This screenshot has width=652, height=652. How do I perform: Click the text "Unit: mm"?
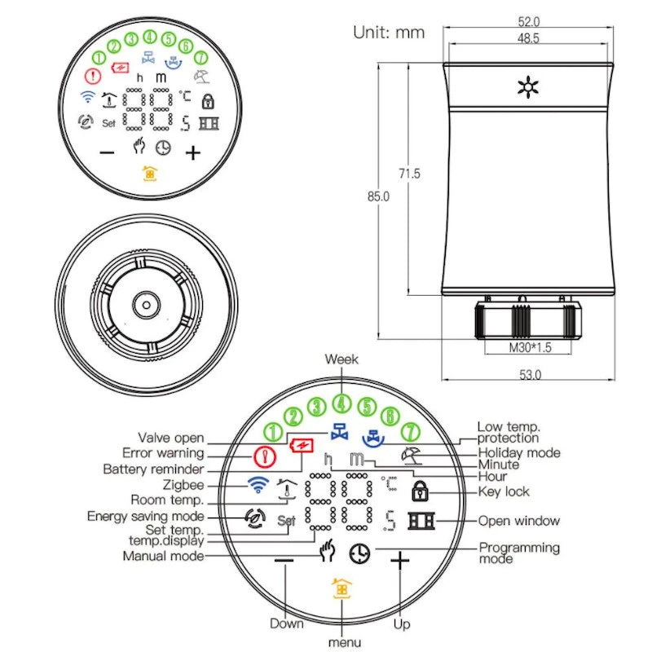tap(389, 33)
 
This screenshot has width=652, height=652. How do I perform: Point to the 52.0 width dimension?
tap(528, 21)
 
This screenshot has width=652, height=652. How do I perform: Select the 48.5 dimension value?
tap(528, 37)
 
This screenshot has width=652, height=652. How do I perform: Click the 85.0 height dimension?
tap(379, 196)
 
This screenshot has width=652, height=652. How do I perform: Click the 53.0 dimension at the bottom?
tap(528, 374)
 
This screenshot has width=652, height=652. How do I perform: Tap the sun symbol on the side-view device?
tap(528, 88)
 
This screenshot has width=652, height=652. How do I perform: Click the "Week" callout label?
tap(341, 359)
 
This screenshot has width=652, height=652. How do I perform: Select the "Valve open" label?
tap(170, 438)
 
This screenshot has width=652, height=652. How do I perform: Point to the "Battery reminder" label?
tap(153, 469)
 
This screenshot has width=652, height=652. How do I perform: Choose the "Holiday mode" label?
tap(519, 452)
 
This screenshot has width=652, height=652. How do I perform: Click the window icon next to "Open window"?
tap(421, 521)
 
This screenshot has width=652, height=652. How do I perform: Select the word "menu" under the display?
tap(343, 642)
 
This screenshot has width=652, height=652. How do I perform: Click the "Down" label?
tap(287, 623)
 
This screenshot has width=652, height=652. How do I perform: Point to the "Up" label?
tap(402, 623)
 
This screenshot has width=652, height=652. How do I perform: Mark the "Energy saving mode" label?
tap(145, 516)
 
